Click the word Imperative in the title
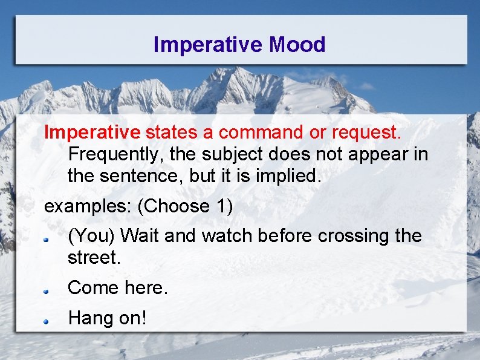tap(209, 44)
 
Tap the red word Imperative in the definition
tap(92, 131)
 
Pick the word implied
tap(293, 176)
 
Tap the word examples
tap(88, 206)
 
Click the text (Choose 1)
tap(185, 206)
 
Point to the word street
tap(94, 258)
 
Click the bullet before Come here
tap(45, 291)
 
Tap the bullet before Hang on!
tap(45, 321)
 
